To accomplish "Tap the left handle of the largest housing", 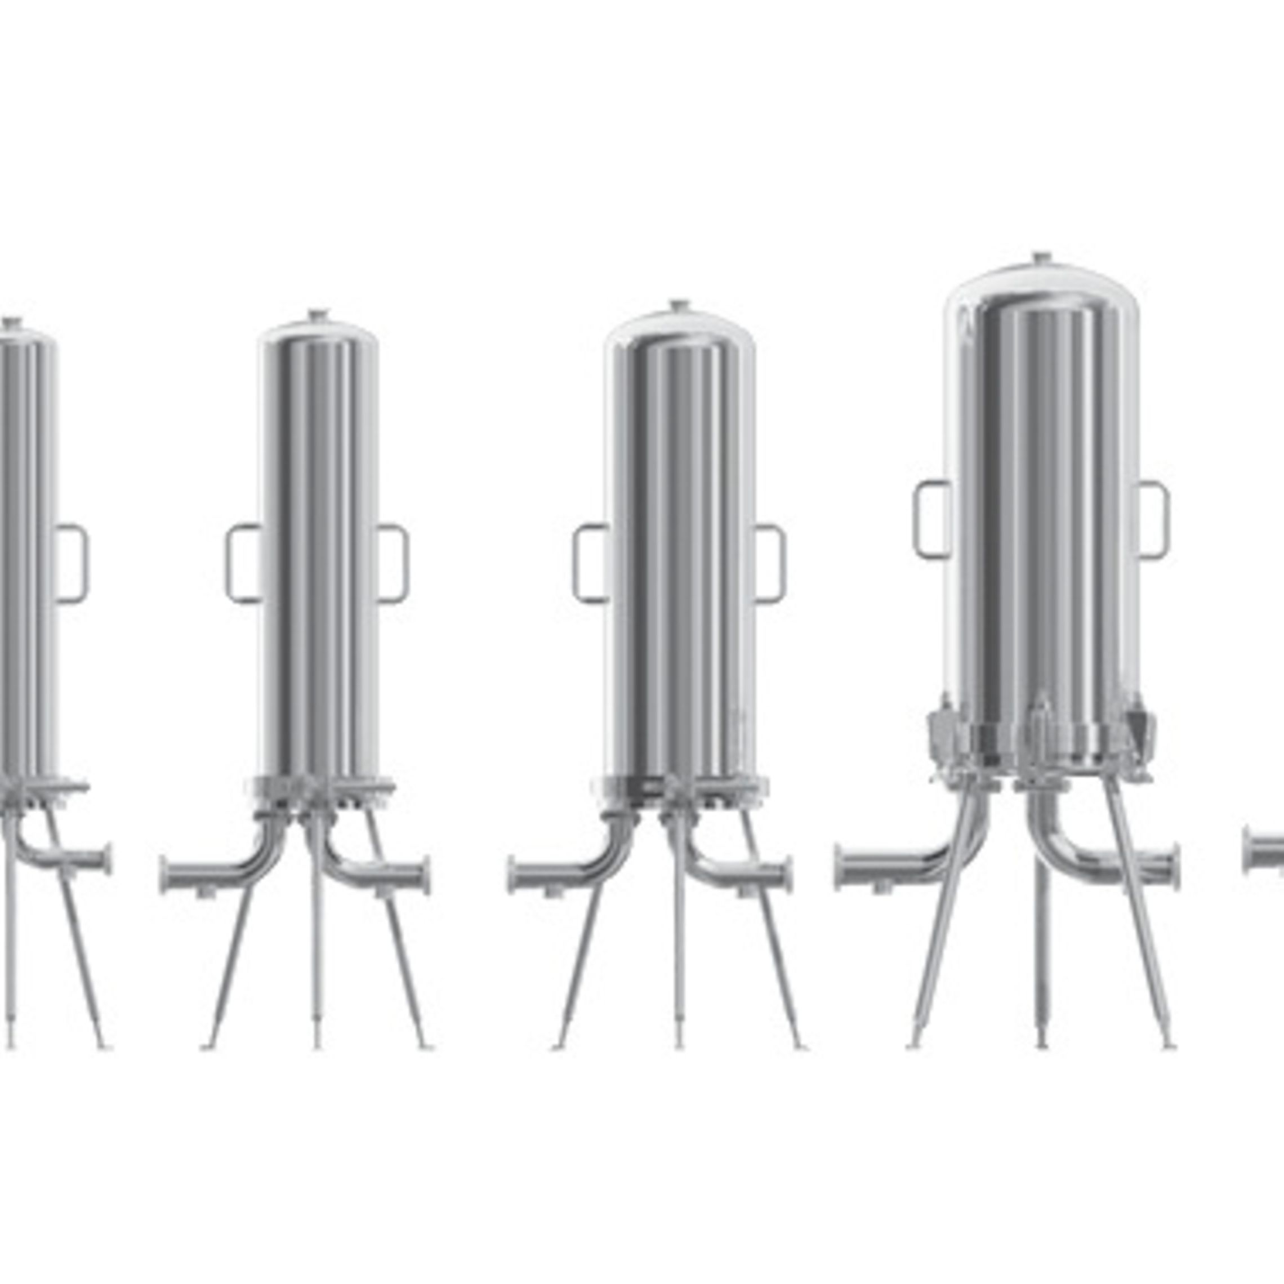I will [x=930, y=520].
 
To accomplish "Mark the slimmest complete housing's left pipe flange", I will [x=165, y=876].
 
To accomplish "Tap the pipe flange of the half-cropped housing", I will [x=106, y=860].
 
